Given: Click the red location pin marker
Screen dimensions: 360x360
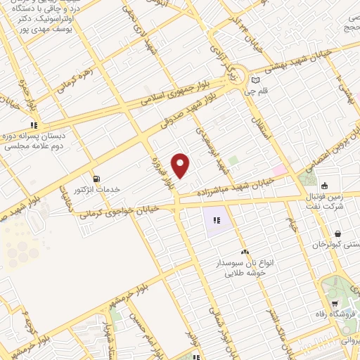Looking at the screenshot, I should (x=181, y=165).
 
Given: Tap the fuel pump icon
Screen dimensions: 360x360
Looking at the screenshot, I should (x=96, y=178).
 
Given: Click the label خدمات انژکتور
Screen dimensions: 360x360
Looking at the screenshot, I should (x=98, y=190).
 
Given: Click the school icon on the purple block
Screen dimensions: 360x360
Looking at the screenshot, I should (x=217, y=221).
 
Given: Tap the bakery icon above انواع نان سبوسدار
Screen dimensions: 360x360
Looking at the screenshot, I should (x=245, y=252).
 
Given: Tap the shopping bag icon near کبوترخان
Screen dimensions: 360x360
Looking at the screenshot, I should (x=338, y=233).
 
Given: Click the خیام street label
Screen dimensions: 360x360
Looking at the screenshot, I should (x=289, y=224).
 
